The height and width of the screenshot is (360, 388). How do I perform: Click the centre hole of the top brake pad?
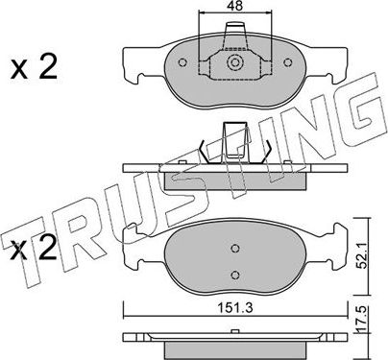pos(233,65)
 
